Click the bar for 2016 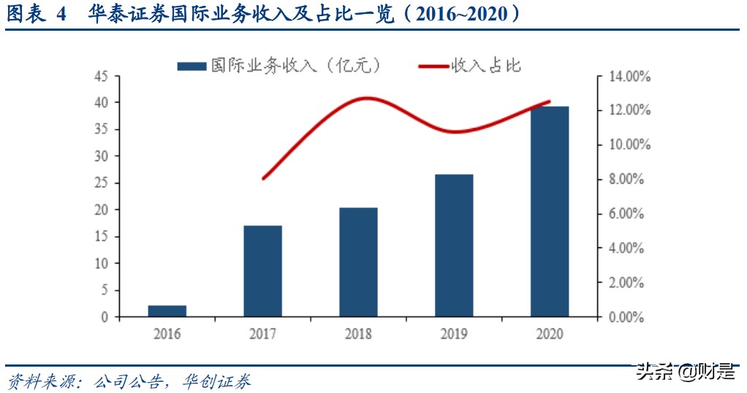pos(167,311)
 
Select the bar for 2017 pos(262,271)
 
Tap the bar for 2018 pos(358,262)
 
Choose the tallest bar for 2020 pos(550,212)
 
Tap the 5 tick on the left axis pos(105,291)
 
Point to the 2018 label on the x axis pos(358,334)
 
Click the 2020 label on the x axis pos(550,334)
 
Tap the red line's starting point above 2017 pos(263,178)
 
